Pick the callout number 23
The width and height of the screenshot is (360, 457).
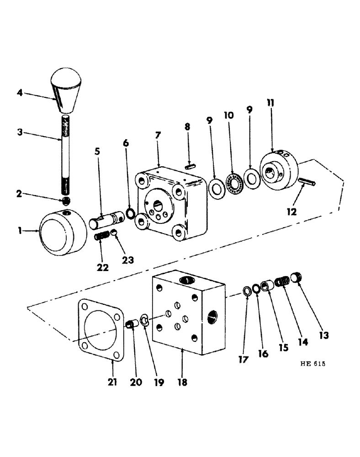coord(127,260)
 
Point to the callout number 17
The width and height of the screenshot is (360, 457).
coord(243,360)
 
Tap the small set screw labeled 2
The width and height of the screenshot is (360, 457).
coord(67,200)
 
